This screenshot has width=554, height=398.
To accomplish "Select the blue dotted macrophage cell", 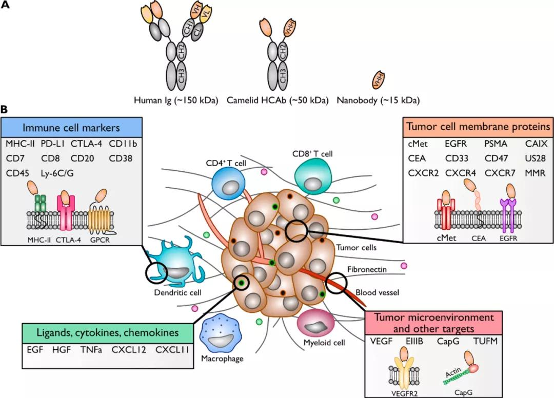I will point(222,335).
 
